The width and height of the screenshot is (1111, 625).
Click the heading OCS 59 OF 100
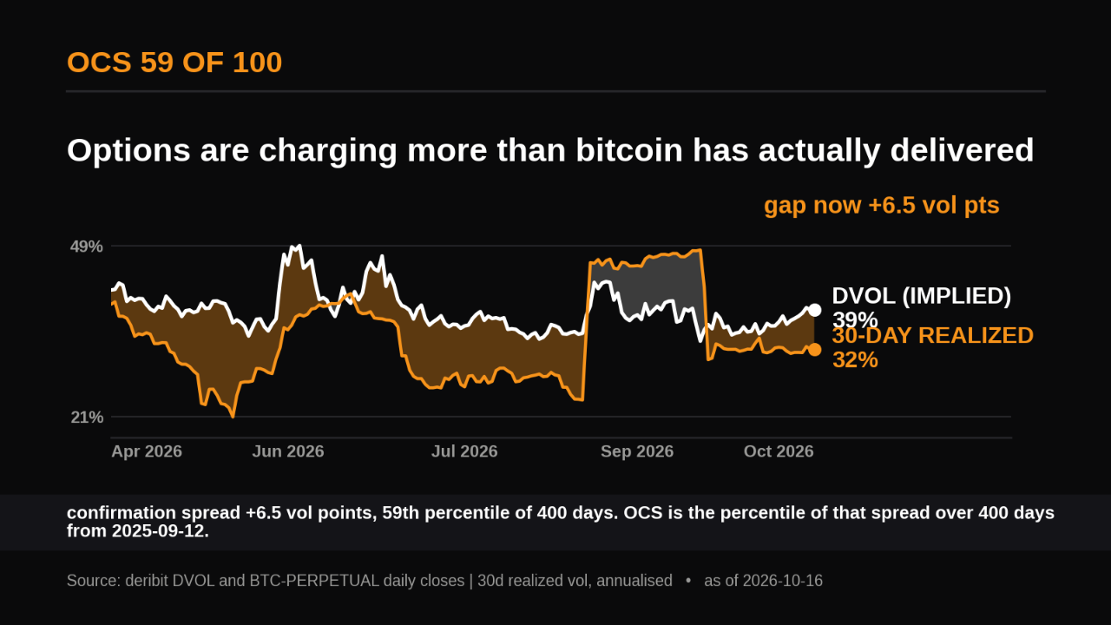(x=174, y=62)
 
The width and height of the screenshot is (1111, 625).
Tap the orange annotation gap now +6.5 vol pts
(x=881, y=206)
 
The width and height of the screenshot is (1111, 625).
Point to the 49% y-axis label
(x=86, y=247)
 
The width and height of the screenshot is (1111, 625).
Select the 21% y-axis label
(x=87, y=418)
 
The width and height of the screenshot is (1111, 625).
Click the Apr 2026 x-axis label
(x=147, y=451)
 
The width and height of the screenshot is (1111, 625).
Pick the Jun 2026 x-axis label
(x=287, y=451)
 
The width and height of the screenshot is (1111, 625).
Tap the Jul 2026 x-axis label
(x=464, y=451)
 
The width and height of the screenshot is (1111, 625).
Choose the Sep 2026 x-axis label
(x=637, y=451)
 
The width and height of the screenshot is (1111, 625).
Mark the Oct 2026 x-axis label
(x=779, y=451)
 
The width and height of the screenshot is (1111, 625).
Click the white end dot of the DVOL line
(x=814, y=310)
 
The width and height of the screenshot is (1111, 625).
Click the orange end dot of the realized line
(x=814, y=350)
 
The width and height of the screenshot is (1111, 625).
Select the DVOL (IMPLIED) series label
(x=921, y=296)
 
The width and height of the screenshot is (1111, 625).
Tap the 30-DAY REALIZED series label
(x=932, y=336)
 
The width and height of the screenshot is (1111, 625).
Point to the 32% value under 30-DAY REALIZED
(x=855, y=360)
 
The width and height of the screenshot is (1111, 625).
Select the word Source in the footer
(x=92, y=581)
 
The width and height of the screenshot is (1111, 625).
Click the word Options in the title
(x=128, y=151)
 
